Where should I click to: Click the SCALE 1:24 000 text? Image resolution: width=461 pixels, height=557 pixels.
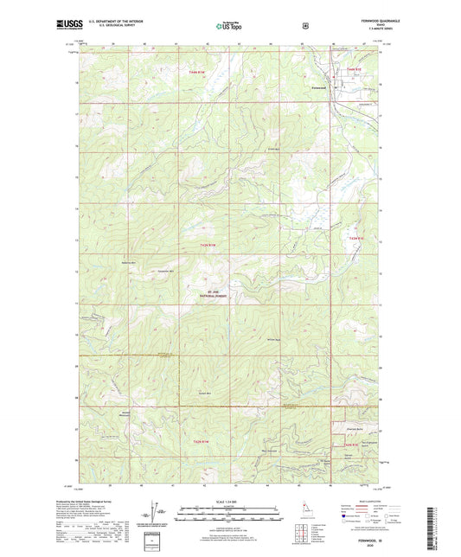[x=228, y=503]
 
